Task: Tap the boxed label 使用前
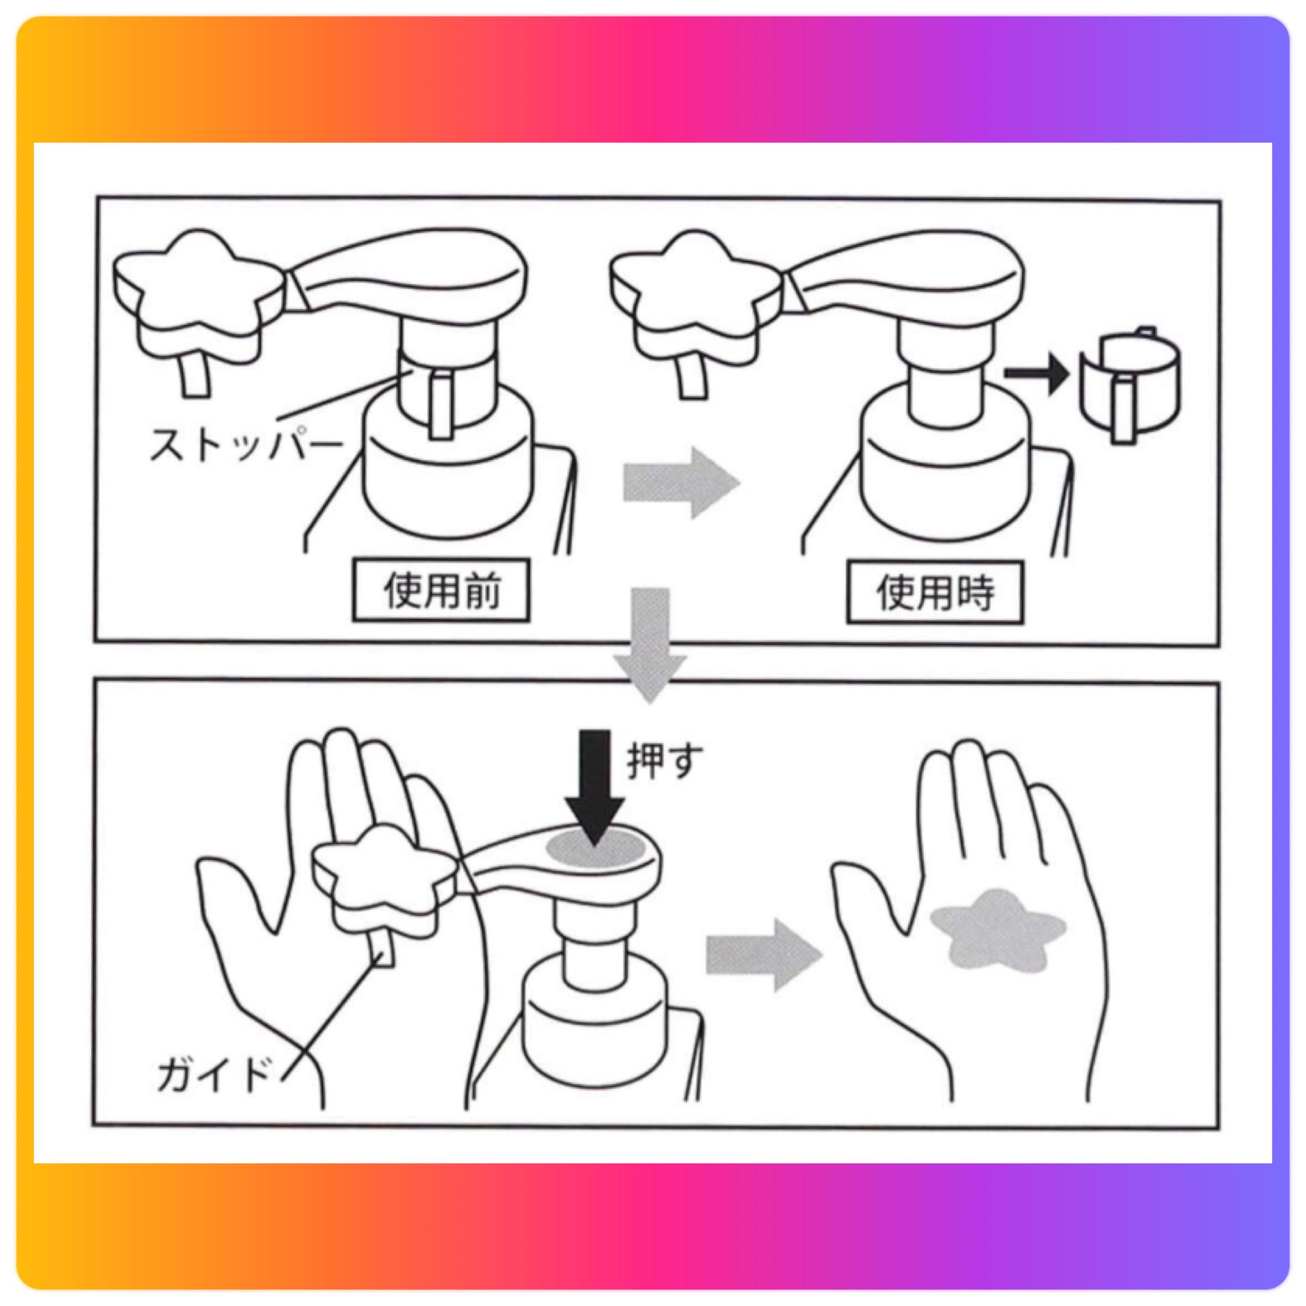(x=441, y=590)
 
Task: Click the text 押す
(x=665, y=761)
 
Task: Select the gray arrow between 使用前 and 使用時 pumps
(x=682, y=484)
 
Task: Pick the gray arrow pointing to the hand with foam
(x=765, y=956)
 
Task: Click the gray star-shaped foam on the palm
(x=997, y=930)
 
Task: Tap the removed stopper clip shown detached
(x=1130, y=385)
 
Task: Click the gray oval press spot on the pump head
(x=596, y=850)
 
